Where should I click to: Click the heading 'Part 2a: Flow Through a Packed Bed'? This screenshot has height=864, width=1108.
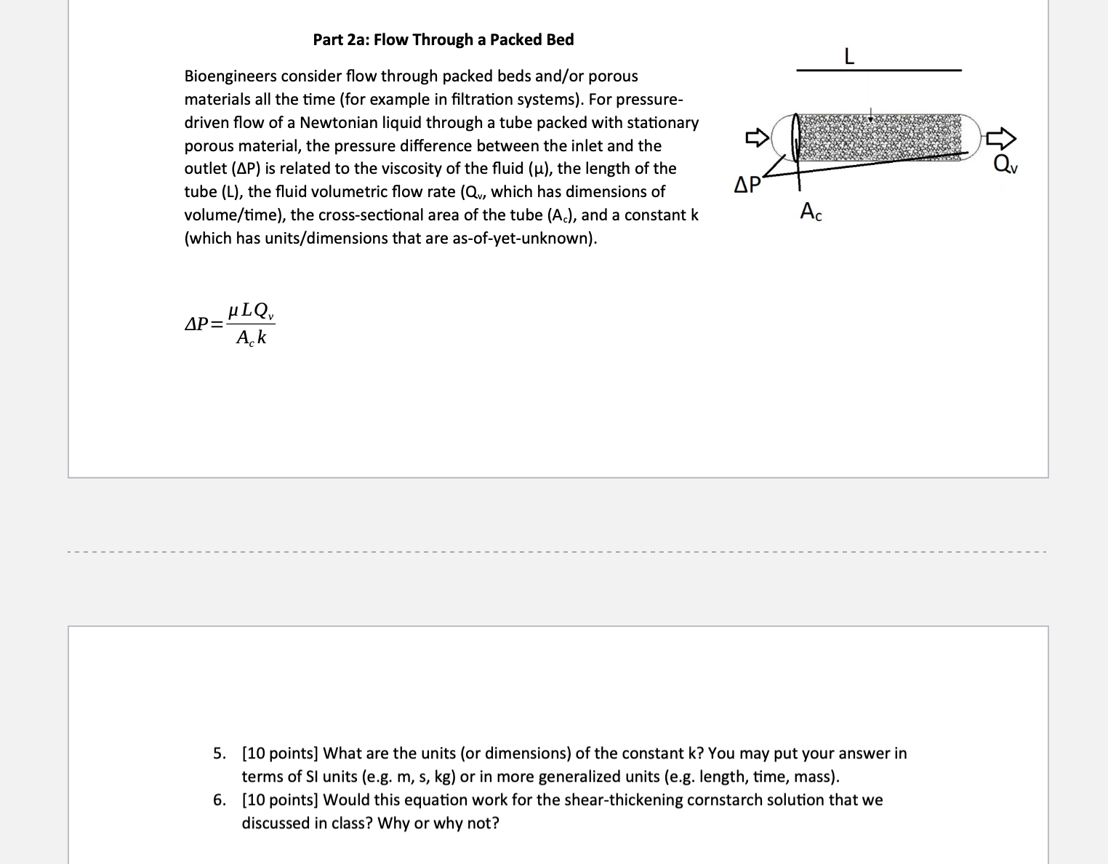[443, 40]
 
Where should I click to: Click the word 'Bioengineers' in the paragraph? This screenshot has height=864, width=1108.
[230, 76]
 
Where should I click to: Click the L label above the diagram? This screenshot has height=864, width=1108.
[848, 55]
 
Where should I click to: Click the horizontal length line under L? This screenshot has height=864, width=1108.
[878, 71]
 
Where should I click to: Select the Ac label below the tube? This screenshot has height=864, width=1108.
[811, 212]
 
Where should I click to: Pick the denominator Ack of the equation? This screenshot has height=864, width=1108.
[251, 337]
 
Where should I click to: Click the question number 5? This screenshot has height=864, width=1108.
[219, 753]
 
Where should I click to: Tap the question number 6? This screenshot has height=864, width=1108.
[219, 800]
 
